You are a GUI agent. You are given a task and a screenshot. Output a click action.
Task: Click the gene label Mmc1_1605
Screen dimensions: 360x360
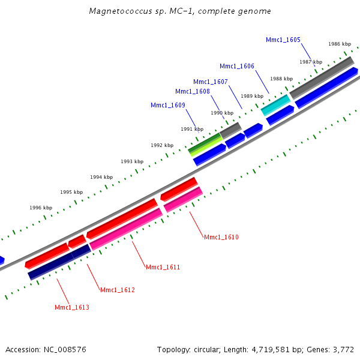[283, 40]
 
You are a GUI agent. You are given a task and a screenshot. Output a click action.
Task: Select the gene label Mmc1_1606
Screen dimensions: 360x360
[237, 67]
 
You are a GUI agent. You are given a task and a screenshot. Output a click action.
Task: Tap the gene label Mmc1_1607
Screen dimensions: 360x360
[211, 82]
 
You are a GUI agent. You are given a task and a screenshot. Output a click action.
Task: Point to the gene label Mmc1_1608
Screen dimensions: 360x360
[193, 92]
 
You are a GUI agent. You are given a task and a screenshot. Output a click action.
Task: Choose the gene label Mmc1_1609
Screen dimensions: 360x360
[168, 106]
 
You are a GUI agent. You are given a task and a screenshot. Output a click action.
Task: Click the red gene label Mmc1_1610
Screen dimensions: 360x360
[221, 238]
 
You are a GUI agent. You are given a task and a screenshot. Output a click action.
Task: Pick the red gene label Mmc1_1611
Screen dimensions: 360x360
[163, 267]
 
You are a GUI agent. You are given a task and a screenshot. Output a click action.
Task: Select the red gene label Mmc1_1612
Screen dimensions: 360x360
[118, 290]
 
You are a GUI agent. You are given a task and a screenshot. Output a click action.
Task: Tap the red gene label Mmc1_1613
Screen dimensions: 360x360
[72, 308]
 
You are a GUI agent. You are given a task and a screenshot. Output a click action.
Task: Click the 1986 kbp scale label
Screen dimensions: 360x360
[340, 44]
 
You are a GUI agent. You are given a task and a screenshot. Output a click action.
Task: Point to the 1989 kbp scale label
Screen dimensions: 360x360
[252, 96]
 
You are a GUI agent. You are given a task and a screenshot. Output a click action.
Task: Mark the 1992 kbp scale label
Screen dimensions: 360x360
[162, 146]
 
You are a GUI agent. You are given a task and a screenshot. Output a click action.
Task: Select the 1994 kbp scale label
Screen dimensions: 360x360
[101, 177]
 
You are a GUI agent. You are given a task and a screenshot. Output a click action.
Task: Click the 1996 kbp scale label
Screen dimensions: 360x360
[41, 208]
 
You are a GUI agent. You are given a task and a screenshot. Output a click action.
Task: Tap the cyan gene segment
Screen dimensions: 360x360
[275, 106]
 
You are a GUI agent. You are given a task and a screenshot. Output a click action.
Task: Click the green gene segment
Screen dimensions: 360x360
[204, 144]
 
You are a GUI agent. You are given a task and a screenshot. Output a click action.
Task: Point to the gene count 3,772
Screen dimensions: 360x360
[343, 349]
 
